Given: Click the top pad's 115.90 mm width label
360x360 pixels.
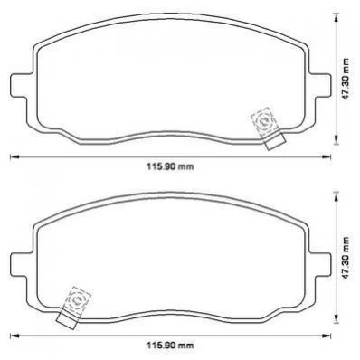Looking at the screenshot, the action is tap(170, 166).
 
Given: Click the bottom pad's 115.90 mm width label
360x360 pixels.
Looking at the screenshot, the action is tap(170, 346).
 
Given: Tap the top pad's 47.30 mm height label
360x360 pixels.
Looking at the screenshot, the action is tap(346, 79).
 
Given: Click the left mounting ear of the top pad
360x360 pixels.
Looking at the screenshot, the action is tap(21, 85).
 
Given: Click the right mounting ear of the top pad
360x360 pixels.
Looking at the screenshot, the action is tap(319, 85).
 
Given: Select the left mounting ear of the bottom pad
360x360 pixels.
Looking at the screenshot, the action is tap(21, 264).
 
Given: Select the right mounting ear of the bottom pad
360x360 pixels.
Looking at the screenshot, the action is tap(319, 264).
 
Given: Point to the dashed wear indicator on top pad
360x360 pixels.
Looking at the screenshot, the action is tap(264, 122).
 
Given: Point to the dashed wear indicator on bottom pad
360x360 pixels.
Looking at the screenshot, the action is tap(77, 301).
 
